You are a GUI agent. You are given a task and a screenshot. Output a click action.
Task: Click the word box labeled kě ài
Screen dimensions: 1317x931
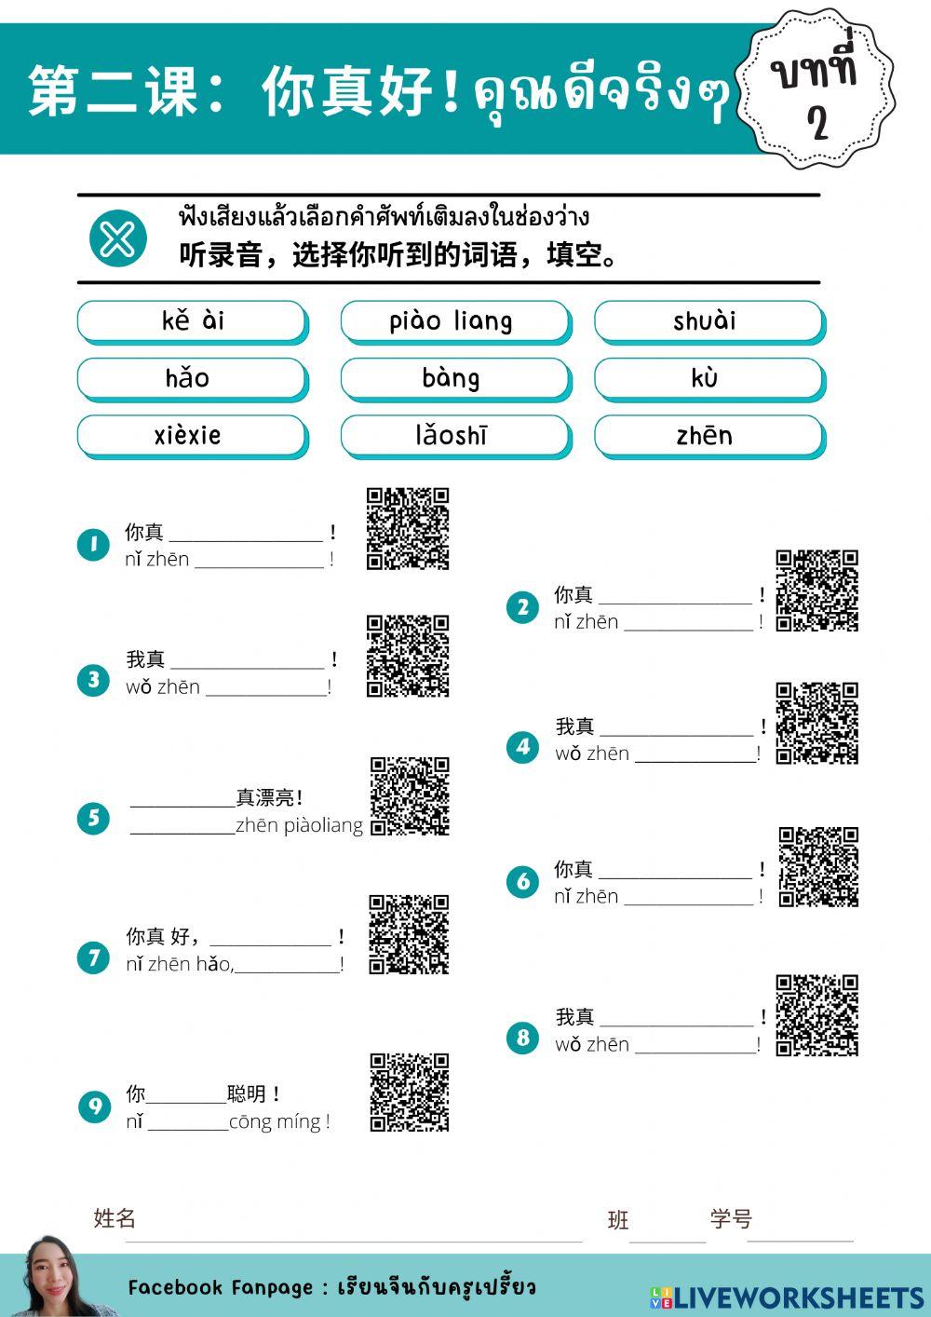point(192,321)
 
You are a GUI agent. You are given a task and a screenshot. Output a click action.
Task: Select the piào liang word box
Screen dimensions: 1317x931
point(454,321)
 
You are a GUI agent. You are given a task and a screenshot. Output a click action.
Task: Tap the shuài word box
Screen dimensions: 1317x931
point(708,321)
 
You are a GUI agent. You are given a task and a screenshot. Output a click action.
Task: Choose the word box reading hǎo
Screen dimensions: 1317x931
point(192,378)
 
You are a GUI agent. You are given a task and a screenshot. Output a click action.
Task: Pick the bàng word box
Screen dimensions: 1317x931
point(454,378)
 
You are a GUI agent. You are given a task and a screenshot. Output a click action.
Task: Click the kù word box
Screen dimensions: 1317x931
point(708,378)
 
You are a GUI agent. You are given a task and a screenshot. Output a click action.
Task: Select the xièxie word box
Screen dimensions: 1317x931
point(192,435)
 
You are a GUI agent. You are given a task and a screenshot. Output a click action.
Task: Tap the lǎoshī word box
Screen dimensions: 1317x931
point(454,435)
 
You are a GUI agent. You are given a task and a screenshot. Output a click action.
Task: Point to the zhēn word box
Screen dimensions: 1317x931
point(708,435)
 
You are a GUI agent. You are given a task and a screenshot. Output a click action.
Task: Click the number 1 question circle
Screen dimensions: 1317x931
point(93,544)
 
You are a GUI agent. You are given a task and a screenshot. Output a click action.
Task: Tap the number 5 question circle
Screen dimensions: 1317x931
point(93,819)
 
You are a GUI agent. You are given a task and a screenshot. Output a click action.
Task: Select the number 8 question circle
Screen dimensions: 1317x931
point(522,1038)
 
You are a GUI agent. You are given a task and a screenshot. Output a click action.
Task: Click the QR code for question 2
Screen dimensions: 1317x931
point(816,591)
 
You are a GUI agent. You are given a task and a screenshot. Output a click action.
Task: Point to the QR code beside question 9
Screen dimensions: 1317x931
point(410,1093)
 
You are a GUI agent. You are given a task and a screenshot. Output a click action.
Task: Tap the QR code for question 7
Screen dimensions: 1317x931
point(409,934)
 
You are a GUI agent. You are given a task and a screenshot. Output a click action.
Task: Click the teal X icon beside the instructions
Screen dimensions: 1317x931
point(118,239)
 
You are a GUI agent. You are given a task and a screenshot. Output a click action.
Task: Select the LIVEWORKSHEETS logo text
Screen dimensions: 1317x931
point(787,1297)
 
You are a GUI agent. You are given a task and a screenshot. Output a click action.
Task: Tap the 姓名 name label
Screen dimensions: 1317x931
point(115,1217)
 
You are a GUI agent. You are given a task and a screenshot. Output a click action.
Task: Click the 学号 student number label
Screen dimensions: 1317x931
point(731,1218)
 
